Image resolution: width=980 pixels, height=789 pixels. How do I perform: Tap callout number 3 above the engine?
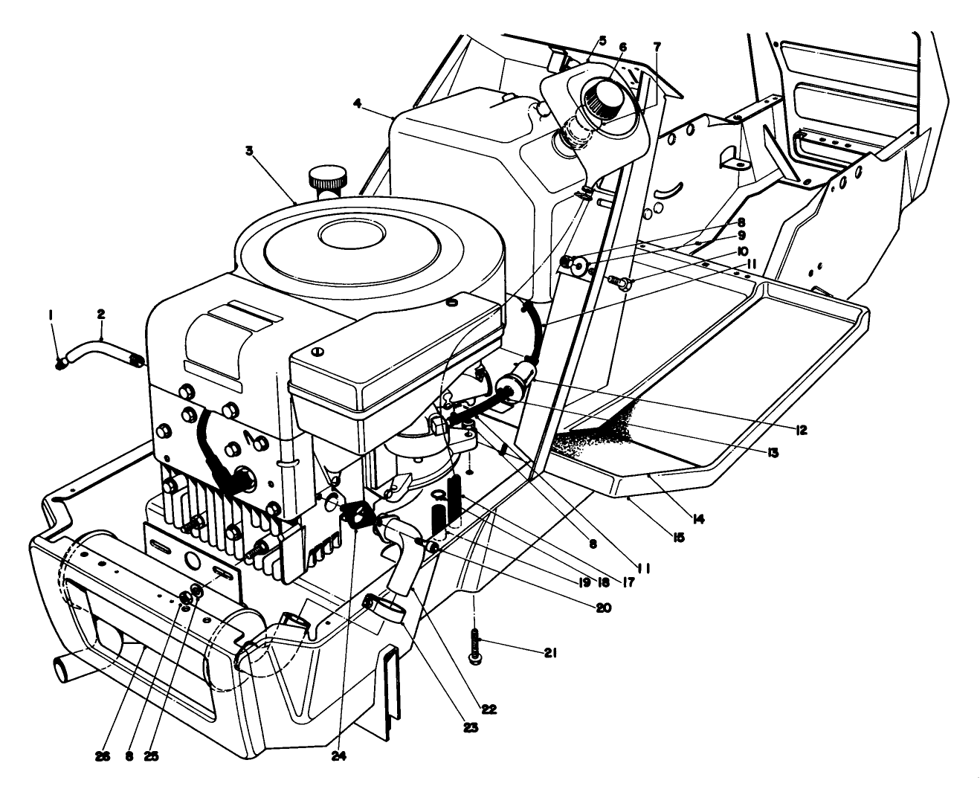pyautogui.click(x=249, y=150)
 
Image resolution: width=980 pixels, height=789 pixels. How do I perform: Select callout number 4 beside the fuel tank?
pyautogui.click(x=357, y=104)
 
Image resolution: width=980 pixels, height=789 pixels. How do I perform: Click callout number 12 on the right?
pyautogui.click(x=800, y=430)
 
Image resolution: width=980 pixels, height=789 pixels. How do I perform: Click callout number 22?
pyautogui.click(x=488, y=709)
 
